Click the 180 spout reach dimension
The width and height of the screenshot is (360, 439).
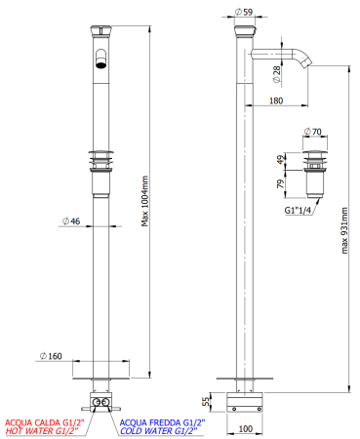pos(276,100)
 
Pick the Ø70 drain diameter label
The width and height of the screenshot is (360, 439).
pos(312,130)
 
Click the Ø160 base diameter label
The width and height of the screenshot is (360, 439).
pos(53,356)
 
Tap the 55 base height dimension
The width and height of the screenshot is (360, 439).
pos(206,400)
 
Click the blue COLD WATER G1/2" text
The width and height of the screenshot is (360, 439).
pos(158,430)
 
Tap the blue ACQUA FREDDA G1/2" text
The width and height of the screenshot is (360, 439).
pos(161,421)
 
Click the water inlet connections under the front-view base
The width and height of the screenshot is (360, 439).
pos(100,400)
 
